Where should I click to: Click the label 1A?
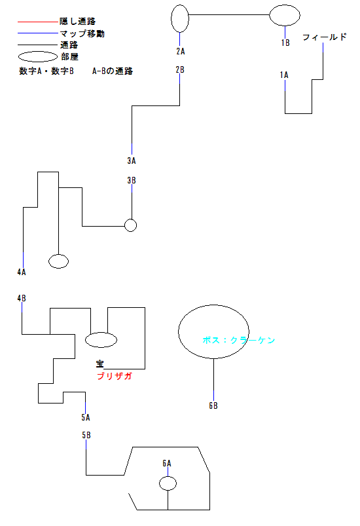click(x=284, y=75)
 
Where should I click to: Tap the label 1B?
click(x=285, y=43)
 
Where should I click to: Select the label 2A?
click(x=181, y=51)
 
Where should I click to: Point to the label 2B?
click(x=180, y=69)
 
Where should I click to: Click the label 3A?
click(x=132, y=160)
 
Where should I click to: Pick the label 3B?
click(x=132, y=181)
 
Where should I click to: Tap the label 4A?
click(x=22, y=272)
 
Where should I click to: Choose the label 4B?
click(x=22, y=298)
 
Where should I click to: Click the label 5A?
click(x=86, y=417)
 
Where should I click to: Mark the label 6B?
click(x=213, y=405)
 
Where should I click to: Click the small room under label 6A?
click(x=168, y=477)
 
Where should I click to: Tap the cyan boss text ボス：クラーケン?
click(x=239, y=340)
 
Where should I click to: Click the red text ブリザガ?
click(x=115, y=376)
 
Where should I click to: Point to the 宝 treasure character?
click(x=100, y=364)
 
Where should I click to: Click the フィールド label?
click(x=325, y=37)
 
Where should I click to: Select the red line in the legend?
click(x=38, y=22)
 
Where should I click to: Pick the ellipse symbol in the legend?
click(x=38, y=52)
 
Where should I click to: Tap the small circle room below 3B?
click(x=130, y=219)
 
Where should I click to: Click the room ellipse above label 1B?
click(x=285, y=5)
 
